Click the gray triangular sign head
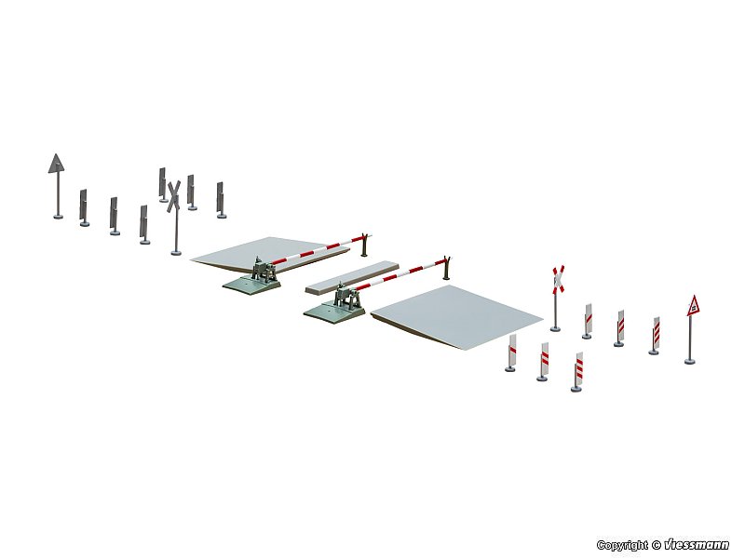pos(56,165)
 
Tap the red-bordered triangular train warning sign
pos(694,306)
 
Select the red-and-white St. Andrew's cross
pos(558,278)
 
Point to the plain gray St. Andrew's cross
pos(173,196)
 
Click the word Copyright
pos(622,545)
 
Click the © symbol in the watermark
pos(656,545)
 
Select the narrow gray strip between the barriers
pos(352,276)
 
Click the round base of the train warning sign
pos(689,362)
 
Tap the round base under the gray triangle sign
pos(58,217)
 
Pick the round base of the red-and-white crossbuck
pos(555,328)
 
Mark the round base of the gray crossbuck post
pos(176,252)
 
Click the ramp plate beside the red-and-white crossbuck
pos(456,317)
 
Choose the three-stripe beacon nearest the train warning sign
pos(656,336)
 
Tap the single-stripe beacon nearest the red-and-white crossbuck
pos(588,320)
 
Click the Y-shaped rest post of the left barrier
pos(364,245)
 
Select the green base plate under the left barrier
pos(251,286)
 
